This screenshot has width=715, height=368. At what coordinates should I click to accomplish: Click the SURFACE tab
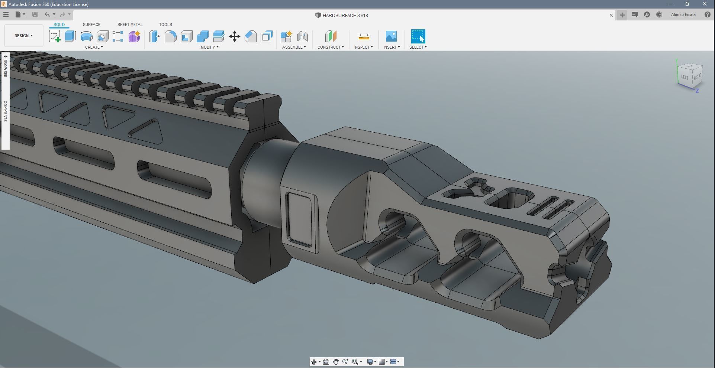click(91, 25)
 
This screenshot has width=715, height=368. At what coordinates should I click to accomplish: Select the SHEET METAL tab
click(130, 25)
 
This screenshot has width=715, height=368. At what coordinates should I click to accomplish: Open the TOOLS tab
click(165, 25)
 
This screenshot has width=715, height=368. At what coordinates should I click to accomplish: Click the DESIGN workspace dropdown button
click(23, 36)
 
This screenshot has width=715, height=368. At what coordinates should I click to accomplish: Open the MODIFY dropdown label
click(209, 47)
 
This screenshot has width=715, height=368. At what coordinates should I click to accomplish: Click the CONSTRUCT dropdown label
click(330, 47)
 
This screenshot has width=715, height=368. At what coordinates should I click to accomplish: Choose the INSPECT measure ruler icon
click(364, 36)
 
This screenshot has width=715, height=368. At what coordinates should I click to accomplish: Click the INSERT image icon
click(391, 36)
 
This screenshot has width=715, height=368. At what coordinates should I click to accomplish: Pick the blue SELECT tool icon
click(418, 36)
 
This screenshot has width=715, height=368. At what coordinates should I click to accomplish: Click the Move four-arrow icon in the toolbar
click(235, 36)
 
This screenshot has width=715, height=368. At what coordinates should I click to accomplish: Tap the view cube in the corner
click(690, 76)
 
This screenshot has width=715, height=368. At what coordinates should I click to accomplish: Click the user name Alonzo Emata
click(683, 15)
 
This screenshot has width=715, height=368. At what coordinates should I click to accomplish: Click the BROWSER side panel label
click(5, 67)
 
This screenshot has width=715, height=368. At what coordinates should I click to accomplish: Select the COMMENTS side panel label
click(5, 111)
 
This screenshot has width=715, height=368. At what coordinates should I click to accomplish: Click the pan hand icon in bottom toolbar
click(336, 362)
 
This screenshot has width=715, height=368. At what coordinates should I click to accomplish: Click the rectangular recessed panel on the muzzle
click(300, 219)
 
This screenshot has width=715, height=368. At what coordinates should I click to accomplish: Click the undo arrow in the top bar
click(47, 14)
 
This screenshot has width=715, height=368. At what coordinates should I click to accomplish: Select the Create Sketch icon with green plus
click(55, 36)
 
